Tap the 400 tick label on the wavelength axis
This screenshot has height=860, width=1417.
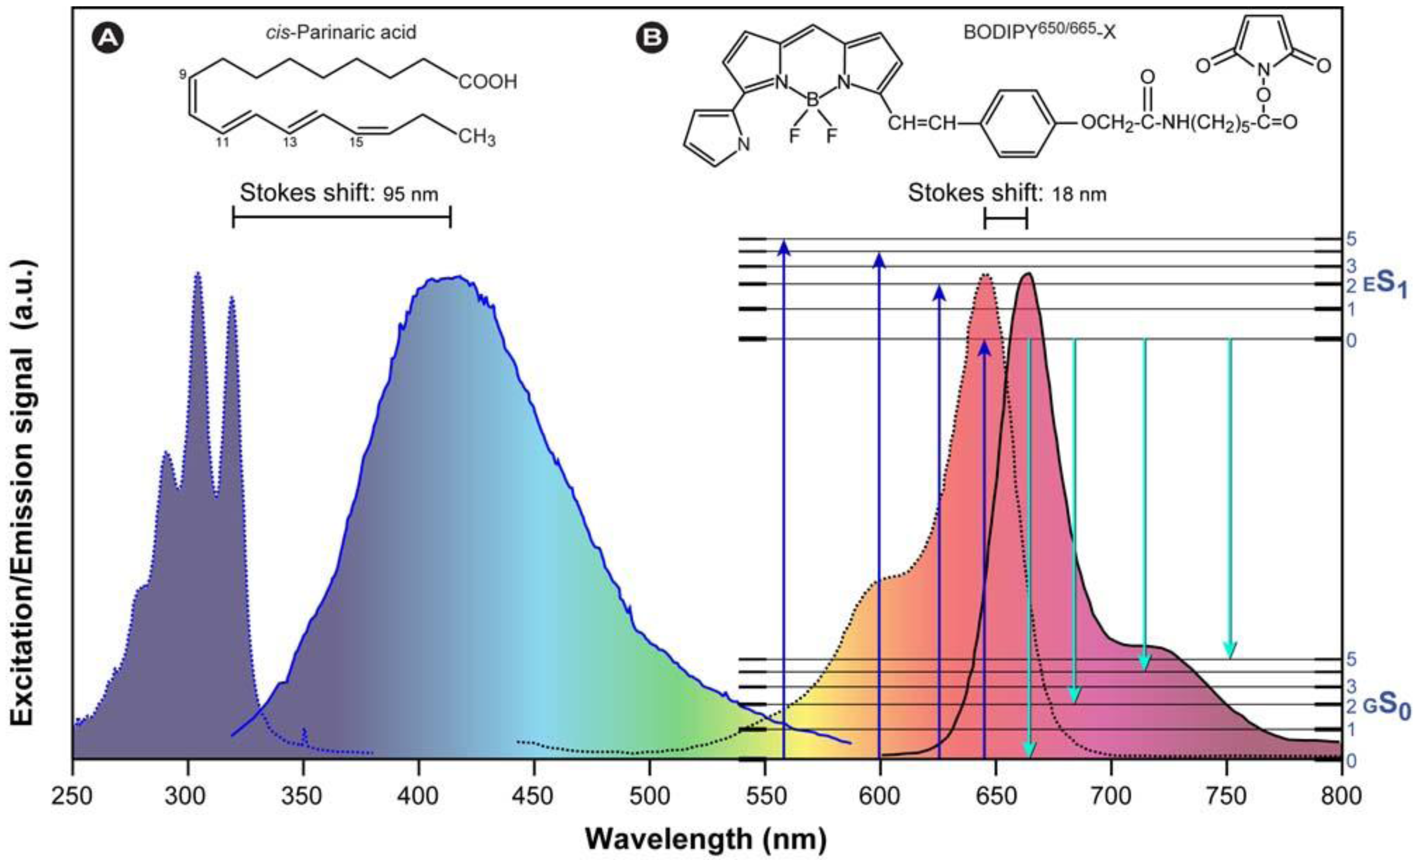419,796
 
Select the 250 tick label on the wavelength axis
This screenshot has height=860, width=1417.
73,796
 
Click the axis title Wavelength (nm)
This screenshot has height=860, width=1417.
706,839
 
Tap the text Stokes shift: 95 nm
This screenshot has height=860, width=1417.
339,193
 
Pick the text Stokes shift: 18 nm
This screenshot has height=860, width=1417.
1006,193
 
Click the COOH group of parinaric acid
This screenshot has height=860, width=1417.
488,82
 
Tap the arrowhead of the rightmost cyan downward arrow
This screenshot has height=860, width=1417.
1230,650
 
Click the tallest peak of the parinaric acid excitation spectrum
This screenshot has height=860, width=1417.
197,275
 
